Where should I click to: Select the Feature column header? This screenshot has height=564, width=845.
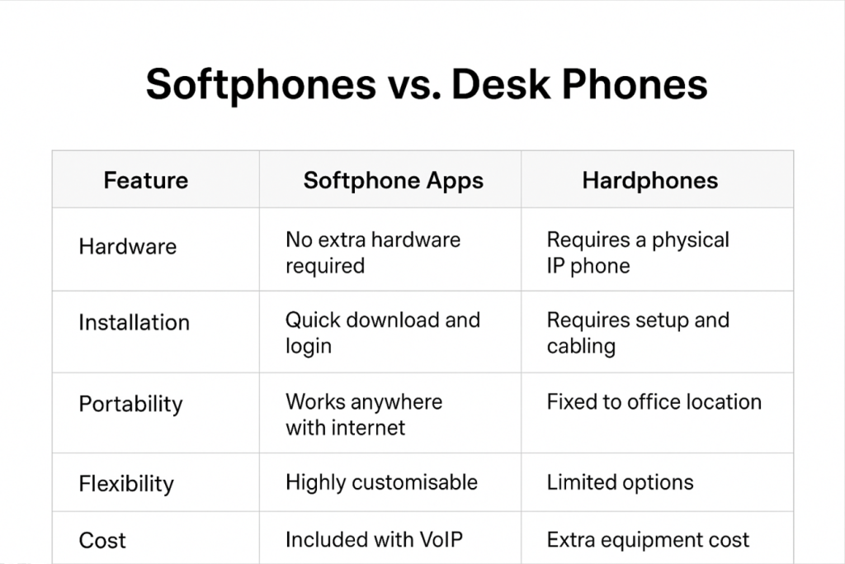pyautogui.click(x=145, y=180)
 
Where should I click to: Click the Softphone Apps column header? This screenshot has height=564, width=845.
pyautogui.click(x=393, y=180)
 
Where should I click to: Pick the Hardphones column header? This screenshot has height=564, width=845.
pyautogui.click(x=649, y=180)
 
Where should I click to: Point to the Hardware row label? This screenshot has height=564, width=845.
pyautogui.click(x=127, y=246)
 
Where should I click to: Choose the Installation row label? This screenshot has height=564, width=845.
pyautogui.click(x=134, y=322)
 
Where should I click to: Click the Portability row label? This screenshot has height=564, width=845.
pyautogui.click(x=130, y=404)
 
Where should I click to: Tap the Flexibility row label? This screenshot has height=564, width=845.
pyautogui.click(x=126, y=483)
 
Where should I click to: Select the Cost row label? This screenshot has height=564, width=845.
pyautogui.click(x=102, y=541)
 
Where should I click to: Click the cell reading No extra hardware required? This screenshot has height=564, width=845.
pyautogui.click(x=373, y=253)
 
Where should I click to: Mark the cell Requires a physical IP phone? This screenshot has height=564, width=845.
pyautogui.click(x=638, y=253)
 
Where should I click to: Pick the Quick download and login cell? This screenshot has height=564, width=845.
pyautogui.click(x=382, y=333)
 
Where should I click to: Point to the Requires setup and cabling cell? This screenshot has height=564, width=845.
pyautogui.click(x=638, y=333)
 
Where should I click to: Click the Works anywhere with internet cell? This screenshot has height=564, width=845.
pyautogui.click(x=363, y=415)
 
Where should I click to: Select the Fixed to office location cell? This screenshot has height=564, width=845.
pyautogui.click(x=654, y=402)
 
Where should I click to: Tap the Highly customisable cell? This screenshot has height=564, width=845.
pyautogui.click(x=381, y=482)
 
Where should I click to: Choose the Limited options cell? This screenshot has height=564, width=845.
pyautogui.click(x=620, y=482)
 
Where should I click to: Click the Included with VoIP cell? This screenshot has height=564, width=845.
pyautogui.click(x=374, y=540)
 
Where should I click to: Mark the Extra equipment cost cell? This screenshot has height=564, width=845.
pyautogui.click(x=648, y=540)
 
